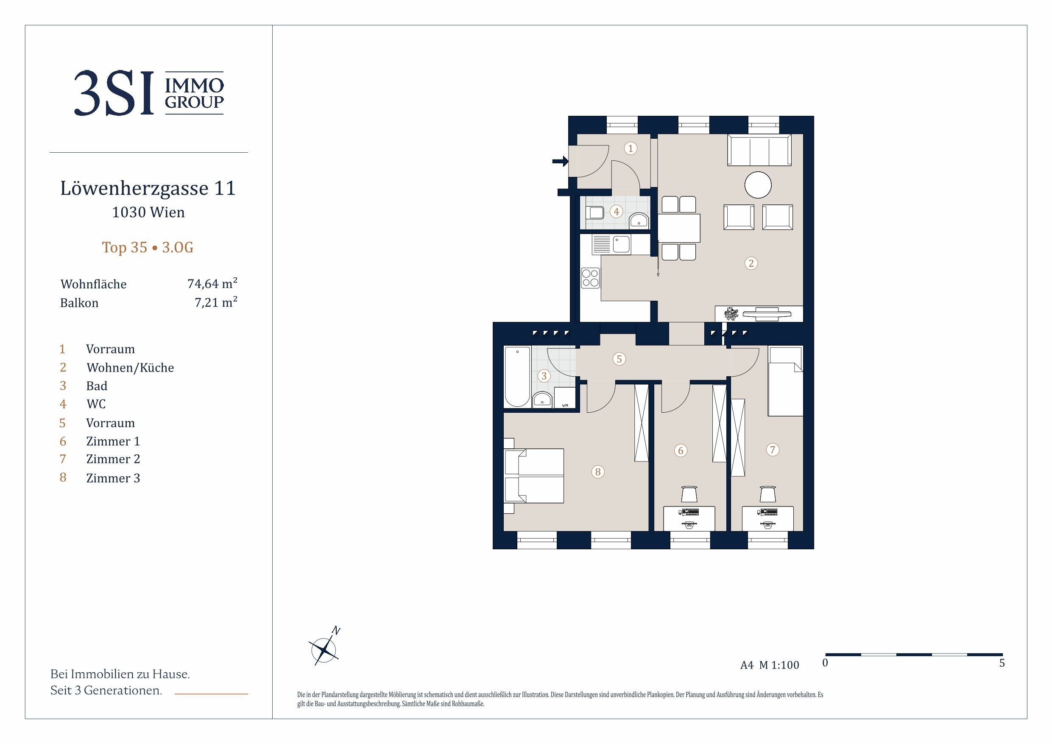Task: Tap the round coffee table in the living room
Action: (758, 185)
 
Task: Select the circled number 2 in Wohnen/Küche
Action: (751, 263)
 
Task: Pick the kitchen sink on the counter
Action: (621, 244)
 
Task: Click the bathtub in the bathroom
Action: (517, 376)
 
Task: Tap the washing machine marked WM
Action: (564, 397)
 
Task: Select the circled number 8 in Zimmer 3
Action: (597, 472)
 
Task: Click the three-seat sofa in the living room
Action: (759, 150)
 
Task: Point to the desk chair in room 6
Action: (689, 494)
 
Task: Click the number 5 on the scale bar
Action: (1002, 663)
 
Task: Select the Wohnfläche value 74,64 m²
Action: (212, 283)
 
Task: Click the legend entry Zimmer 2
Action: (113, 459)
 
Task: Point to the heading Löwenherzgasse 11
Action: (148, 188)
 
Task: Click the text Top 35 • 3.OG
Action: (148, 248)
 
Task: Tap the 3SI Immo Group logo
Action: (149, 93)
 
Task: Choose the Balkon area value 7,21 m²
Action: (216, 302)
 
